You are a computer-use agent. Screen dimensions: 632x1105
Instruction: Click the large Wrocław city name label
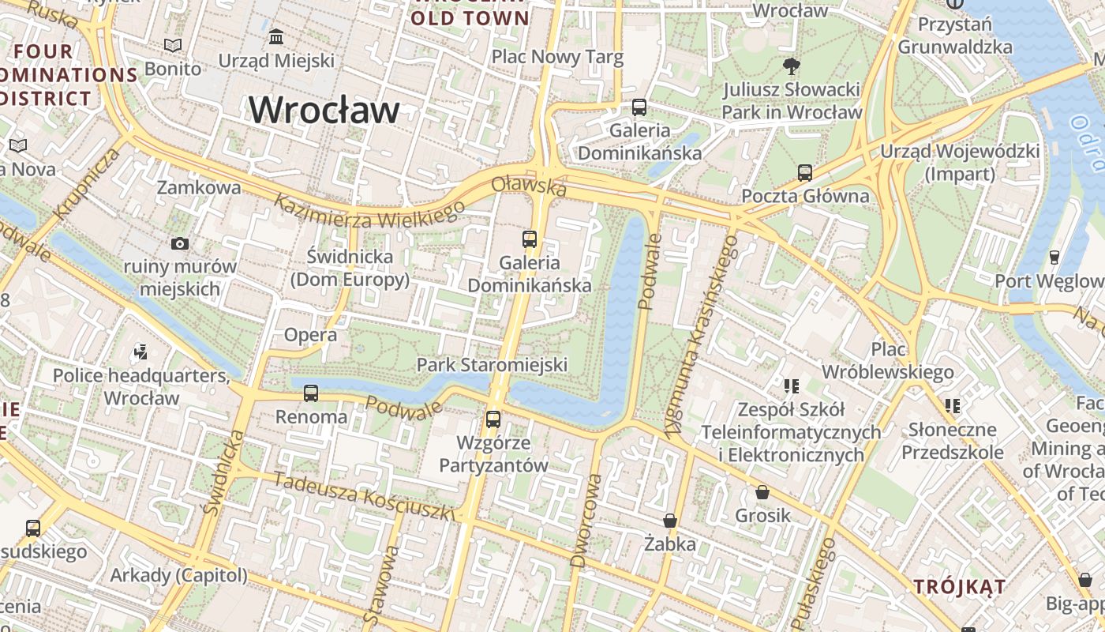pos(324,110)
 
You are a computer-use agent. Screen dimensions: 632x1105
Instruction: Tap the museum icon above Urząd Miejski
pos(276,36)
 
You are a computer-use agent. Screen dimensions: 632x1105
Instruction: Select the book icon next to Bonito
pos(172,46)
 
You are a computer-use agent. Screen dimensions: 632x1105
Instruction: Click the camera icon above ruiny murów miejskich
pos(180,243)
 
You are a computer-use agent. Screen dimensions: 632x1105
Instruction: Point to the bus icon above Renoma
pos(311,393)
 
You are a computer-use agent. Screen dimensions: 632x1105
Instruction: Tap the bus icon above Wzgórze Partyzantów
pos(493,419)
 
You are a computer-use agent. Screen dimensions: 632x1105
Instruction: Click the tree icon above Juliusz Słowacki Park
pos(791,66)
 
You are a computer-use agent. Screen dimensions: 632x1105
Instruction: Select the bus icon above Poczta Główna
pos(805,172)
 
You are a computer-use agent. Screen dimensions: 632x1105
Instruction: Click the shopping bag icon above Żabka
pos(670,521)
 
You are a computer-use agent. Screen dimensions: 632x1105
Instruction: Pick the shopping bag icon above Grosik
pos(762,492)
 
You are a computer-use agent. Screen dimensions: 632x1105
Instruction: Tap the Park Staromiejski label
pos(492,365)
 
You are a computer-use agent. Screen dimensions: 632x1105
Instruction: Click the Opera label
pos(310,335)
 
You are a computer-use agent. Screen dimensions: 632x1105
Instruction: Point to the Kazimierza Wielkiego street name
pos(369,212)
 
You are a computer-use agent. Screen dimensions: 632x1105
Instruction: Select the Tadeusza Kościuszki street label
pos(365,497)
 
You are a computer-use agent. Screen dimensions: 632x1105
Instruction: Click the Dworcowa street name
pos(585,521)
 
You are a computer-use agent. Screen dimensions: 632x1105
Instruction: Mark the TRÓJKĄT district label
pos(959,587)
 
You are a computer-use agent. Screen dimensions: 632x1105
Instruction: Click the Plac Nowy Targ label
pos(557,57)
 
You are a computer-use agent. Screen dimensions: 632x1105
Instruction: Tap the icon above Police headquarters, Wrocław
pos(141,352)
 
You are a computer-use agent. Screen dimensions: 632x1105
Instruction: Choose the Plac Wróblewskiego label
pos(888,360)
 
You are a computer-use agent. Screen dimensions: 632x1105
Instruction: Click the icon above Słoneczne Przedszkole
pos(953,406)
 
